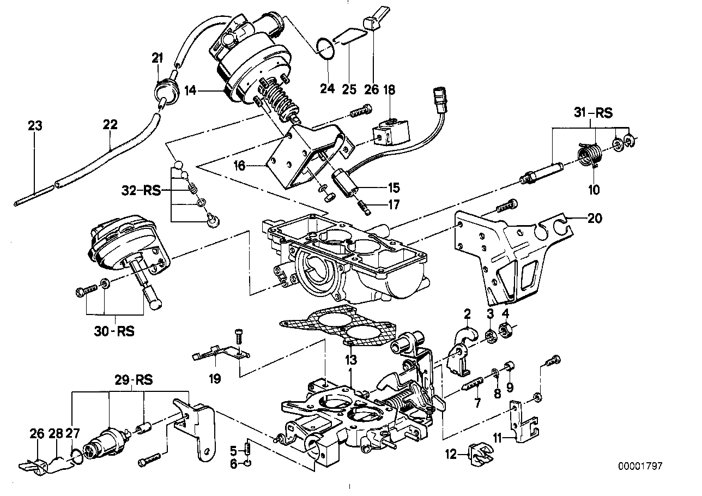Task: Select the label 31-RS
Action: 593,113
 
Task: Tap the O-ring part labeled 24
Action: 325,47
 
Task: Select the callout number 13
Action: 350,360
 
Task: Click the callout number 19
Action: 215,378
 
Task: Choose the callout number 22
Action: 110,125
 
